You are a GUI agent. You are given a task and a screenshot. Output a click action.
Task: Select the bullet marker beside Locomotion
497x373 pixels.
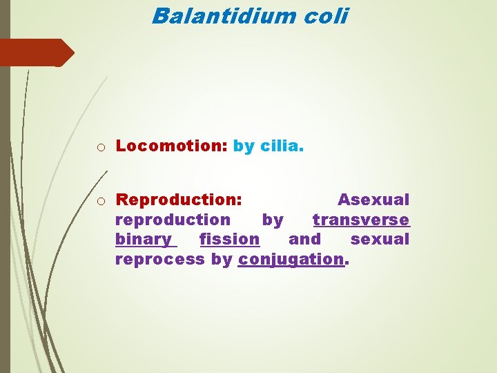pos(101,146)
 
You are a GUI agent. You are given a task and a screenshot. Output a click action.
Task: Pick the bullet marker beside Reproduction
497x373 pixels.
pos(101,201)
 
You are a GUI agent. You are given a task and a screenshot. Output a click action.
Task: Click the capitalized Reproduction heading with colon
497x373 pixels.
pos(179,200)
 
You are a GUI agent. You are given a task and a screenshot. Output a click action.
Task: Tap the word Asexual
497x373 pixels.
pos(373,200)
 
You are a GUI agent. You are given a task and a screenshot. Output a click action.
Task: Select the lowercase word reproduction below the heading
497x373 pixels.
pos(173,220)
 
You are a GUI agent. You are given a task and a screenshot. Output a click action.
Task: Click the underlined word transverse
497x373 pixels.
pos(361,220)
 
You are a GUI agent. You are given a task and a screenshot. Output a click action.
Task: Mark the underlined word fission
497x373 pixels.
pos(229,240)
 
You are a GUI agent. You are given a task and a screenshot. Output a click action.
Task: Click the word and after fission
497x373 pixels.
pos(304,240)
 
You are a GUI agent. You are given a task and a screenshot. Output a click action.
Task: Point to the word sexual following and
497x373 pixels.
pos(380,240)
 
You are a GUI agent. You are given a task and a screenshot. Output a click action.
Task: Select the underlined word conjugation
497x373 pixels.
pos(291,260)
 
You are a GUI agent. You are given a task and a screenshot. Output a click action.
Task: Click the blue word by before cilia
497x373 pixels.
pos(244,146)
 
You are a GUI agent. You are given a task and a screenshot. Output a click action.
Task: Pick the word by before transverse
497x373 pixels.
pos(273,220)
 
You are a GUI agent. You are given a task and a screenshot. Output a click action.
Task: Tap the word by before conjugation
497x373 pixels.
pos(221,260)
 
